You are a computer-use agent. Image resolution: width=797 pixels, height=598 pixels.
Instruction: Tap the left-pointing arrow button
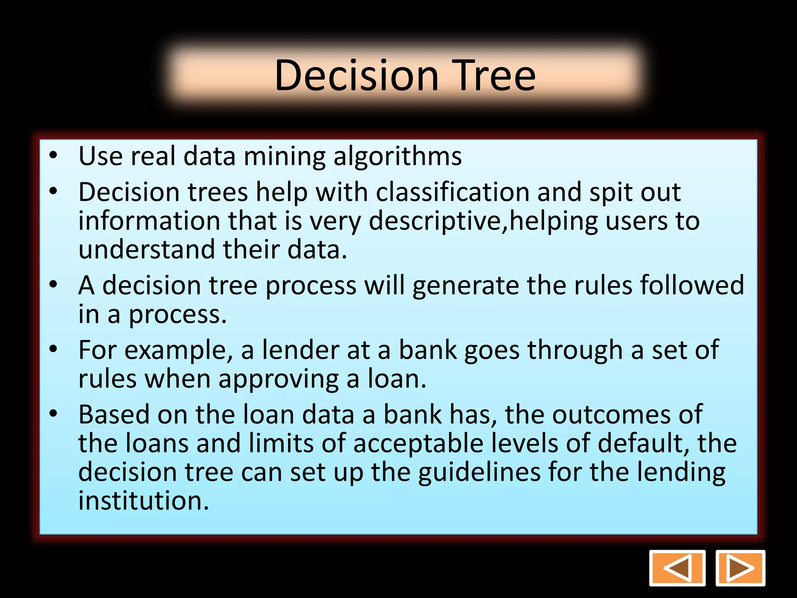[677, 568]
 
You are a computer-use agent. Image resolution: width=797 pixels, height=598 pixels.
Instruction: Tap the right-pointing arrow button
[740, 568]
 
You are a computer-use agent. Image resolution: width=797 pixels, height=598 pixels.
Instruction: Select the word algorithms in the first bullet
[397, 157]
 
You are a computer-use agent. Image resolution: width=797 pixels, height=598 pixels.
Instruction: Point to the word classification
[453, 192]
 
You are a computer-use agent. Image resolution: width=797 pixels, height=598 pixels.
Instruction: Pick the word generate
[465, 285]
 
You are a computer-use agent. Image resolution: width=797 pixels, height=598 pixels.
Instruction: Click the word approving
[279, 379]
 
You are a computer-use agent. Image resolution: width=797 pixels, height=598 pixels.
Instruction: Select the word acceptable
[418, 443]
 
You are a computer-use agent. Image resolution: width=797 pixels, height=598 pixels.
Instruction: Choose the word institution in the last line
[144, 501]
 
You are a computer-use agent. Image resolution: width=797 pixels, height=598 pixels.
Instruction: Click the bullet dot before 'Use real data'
[53, 156]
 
